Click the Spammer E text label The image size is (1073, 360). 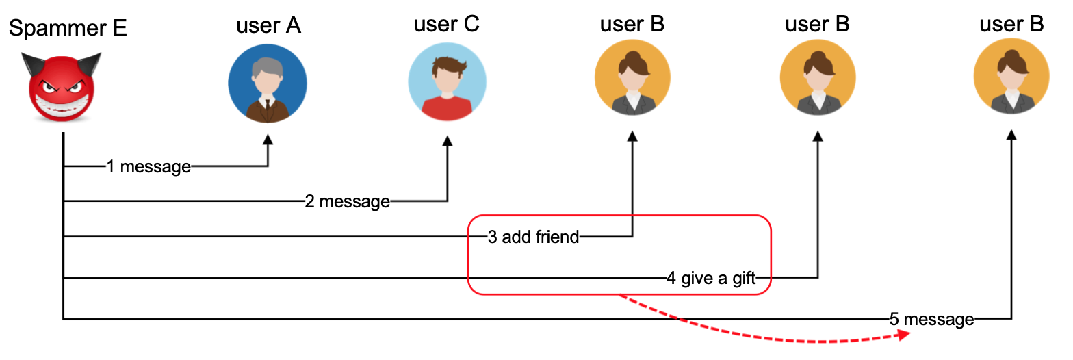pyautogui.click(x=68, y=29)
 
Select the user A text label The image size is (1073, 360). pyautogui.click(x=268, y=25)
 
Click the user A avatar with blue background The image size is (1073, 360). pyautogui.click(x=268, y=83)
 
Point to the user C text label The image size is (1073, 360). pyautogui.click(x=446, y=24)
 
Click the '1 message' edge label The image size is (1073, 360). pyautogui.click(x=148, y=166)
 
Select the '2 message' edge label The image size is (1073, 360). pyautogui.click(x=347, y=201)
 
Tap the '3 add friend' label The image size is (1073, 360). pyautogui.click(x=533, y=237)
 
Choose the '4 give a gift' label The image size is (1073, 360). pyautogui.click(x=711, y=278)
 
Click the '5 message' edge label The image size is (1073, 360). pyautogui.click(x=931, y=319)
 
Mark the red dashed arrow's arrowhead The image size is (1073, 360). pyautogui.click(x=905, y=334)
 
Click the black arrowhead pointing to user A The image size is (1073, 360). pyautogui.click(x=268, y=139)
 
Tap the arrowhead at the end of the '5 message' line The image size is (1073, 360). pyautogui.click(x=1011, y=136)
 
